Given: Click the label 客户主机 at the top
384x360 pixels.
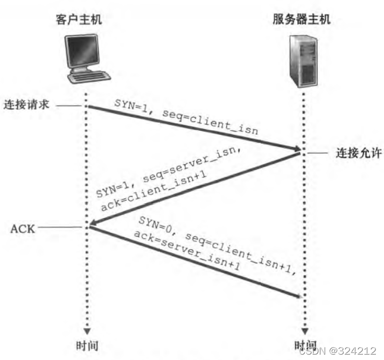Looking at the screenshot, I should [79, 20].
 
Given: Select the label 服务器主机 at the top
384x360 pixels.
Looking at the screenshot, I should [301, 20].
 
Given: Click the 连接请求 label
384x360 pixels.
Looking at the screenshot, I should [26, 104].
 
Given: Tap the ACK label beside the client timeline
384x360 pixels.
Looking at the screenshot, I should [23, 228].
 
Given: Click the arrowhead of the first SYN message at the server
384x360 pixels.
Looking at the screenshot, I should [295, 149].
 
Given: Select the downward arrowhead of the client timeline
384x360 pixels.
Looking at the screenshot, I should [86, 329].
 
